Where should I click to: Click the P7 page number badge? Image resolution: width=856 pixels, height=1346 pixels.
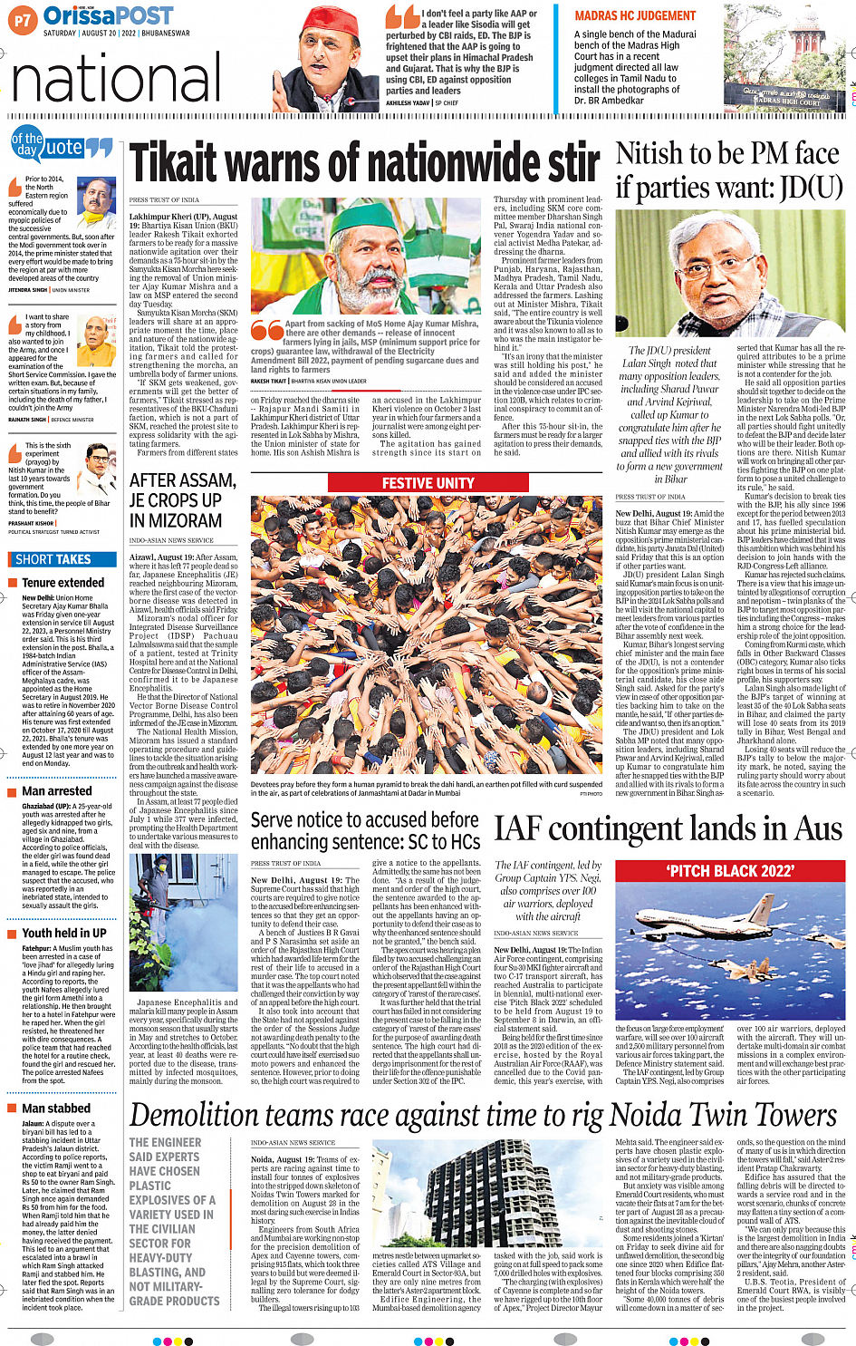(x=23, y=18)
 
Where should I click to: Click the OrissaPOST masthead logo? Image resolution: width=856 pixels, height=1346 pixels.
(x=109, y=15)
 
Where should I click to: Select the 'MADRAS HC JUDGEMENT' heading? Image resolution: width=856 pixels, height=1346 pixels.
(x=635, y=15)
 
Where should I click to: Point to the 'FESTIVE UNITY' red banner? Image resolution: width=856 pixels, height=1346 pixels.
(x=428, y=483)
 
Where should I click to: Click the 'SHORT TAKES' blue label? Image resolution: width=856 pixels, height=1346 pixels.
(x=53, y=559)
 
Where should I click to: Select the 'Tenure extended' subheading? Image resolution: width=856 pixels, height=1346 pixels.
(x=63, y=583)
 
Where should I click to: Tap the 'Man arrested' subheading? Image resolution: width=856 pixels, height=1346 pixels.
(x=56, y=791)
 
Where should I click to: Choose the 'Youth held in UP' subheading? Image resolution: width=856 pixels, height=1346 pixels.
(x=63, y=933)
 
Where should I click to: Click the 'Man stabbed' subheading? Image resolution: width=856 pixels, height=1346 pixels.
(x=56, y=1108)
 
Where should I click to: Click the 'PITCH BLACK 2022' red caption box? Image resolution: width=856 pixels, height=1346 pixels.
(x=729, y=871)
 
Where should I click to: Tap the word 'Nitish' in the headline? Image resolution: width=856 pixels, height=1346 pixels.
(x=652, y=154)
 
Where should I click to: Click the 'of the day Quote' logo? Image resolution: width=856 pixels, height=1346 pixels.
(x=60, y=145)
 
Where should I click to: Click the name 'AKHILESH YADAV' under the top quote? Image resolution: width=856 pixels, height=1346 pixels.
(x=408, y=103)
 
